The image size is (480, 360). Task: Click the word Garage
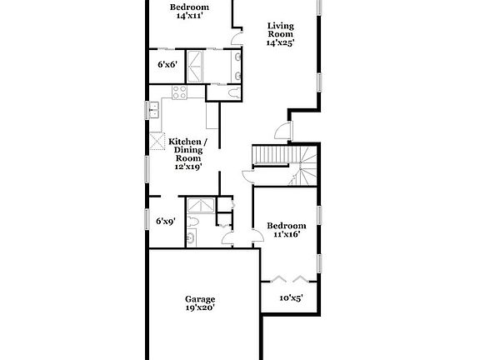click(200, 298)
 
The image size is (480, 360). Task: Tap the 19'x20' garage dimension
click(200, 308)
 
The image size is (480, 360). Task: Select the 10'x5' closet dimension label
click(291, 297)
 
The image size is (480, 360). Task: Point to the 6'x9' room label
click(165, 222)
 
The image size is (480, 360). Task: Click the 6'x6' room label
click(167, 63)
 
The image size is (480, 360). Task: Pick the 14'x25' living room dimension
click(280, 42)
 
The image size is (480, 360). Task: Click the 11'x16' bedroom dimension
click(284, 235)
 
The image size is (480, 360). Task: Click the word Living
click(280, 24)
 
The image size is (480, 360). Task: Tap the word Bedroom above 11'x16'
click(286, 226)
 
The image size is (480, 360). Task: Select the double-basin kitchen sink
click(154, 110)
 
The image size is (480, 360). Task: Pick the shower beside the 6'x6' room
click(195, 64)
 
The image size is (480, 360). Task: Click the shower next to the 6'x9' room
click(198, 207)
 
